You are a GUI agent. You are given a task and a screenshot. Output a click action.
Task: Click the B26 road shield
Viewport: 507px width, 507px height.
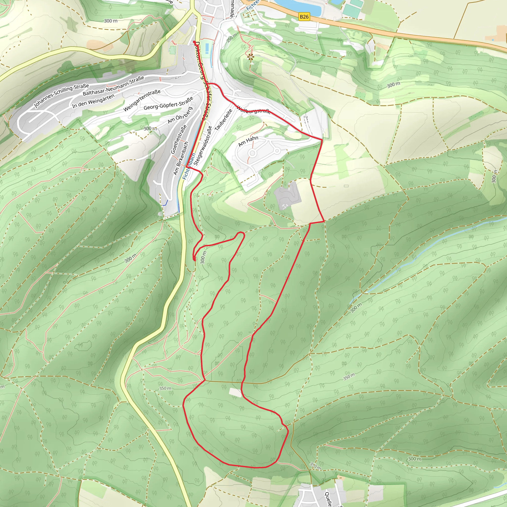pyautogui.click(x=304, y=17)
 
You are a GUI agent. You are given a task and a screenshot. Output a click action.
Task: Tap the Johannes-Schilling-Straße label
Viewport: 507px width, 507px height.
pyautogui.click(x=61, y=96)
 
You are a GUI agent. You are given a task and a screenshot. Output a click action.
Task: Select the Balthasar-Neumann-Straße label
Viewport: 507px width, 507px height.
pyautogui.click(x=113, y=86)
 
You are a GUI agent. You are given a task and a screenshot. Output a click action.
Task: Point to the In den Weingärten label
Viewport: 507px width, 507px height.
pyautogui.click(x=93, y=101)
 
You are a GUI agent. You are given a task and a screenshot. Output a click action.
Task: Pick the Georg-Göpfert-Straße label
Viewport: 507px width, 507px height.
pyautogui.click(x=168, y=103)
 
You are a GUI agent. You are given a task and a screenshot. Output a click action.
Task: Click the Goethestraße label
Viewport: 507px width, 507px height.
pyautogui.click(x=179, y=139)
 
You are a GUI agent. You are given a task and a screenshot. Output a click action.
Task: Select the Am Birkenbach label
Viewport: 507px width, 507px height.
pyautogui.click(x=181, y=158)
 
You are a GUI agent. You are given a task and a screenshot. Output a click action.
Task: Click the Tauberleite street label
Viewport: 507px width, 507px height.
pyautogui.click(x=223, y=120)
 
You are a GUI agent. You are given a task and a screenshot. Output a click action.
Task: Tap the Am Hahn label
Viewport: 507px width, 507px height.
pyautogui.click(x=248, y=141)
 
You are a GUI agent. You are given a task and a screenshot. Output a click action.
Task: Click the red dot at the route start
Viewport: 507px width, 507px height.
pyautogui.click(x=194, y=42)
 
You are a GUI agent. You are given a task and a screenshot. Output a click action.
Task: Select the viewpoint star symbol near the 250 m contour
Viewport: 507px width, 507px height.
pyautogui.click(x=251, y=56)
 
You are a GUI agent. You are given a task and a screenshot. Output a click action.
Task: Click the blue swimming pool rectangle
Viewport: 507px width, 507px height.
pyautogui.click(x=207, y=49)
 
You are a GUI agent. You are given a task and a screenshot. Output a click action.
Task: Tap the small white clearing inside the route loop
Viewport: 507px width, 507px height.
pyautogui.click(x=235, y=392)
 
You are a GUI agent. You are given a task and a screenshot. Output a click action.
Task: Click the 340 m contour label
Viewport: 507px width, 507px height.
pyautogui.click(x=315, y=466)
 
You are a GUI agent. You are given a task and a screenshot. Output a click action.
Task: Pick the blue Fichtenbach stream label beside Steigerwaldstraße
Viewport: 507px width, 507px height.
pyautogui.click(x=189, y=166)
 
